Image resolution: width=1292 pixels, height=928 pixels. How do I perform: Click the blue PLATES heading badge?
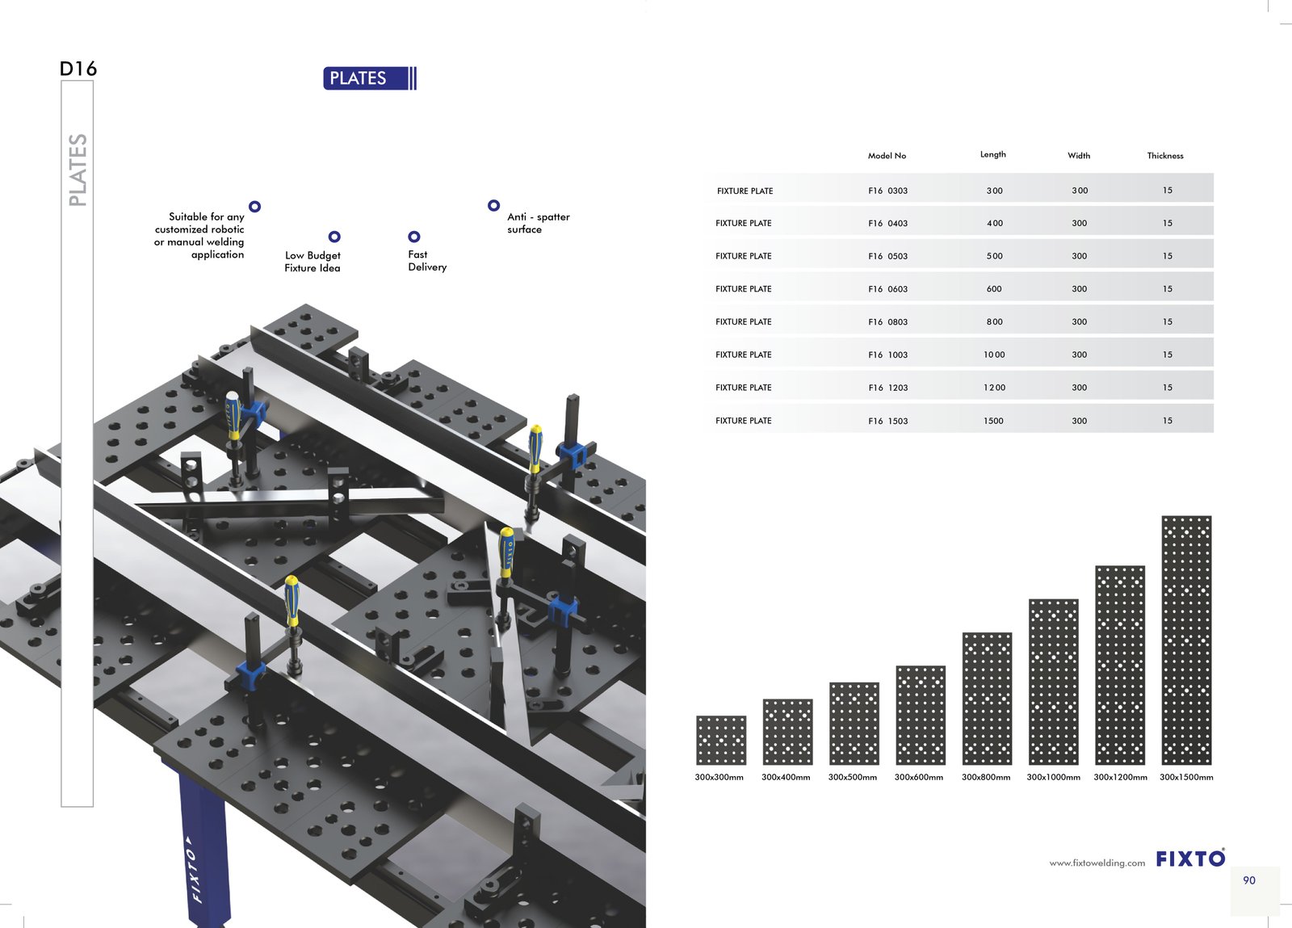(x=370, y=78)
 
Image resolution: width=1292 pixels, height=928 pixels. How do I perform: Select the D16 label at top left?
(x=78, y=69)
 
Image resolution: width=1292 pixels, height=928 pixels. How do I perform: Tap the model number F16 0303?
(x=887, y=191)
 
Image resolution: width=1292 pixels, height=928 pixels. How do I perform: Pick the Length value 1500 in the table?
(x=993, y=421)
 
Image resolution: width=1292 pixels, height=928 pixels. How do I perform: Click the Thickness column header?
(x=1165, y=156)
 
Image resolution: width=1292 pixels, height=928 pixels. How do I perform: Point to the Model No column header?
(x=887, y=156)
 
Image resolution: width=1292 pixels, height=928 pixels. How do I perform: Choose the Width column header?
(x=1079, y=156)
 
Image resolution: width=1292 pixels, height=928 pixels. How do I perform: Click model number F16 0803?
(x=887, y=321)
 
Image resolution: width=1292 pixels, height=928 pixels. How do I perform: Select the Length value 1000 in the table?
(x=994, y=355)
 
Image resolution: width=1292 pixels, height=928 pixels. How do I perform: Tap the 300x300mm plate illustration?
(x=721, y=740)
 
